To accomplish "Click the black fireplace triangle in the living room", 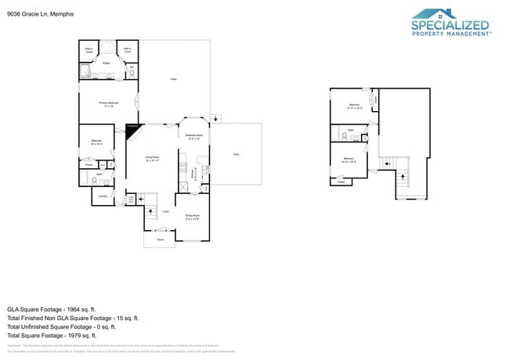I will pos(131,131).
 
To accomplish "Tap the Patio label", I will pos(174,79).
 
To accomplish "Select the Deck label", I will pos(236,154).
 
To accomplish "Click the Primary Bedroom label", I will pos(108,103).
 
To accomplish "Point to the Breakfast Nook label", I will pos(194,136).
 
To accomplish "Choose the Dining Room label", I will pos(192,217).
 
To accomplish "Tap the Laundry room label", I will pos(103,196).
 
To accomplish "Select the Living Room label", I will pos(153,159).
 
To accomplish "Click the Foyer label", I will pos(166,211).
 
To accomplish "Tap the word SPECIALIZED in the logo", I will pos(450,25).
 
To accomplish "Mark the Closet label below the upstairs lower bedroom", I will pos(340,182).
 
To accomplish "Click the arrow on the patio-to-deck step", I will pos(218,119).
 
